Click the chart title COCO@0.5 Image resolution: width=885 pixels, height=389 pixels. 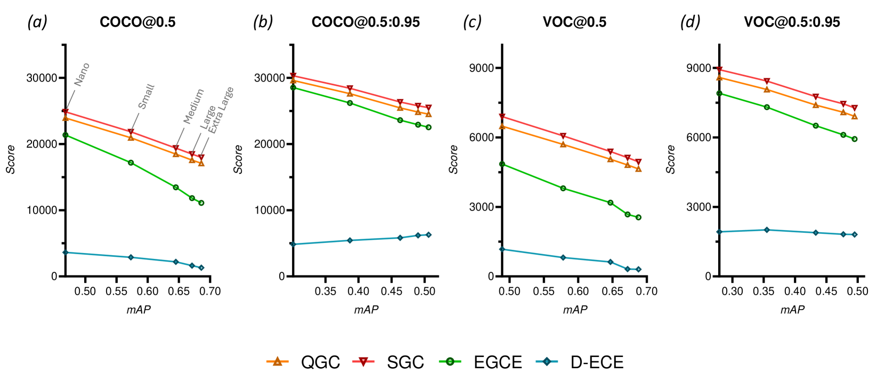coord(137,22)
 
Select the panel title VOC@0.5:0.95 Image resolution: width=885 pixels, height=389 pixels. coord(792,22)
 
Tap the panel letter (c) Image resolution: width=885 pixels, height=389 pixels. coord(472,22)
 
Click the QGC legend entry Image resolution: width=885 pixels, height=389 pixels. coord(304,362)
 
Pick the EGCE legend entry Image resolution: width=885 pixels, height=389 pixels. coord(481,362)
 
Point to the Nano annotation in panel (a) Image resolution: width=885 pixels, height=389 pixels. coord(82,74)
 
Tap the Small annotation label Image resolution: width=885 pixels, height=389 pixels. coord(146,96)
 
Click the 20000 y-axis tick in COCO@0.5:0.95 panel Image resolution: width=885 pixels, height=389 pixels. coord(270,144)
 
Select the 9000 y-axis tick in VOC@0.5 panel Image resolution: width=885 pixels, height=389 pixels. coord(481,68)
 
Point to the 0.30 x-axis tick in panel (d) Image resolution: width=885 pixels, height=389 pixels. coord(733,291)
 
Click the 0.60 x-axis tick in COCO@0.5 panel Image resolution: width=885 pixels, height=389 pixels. coord(148,291)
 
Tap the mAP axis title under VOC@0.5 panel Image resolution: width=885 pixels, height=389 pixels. coord(575,310)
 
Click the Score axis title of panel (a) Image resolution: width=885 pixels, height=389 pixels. coord(11,159)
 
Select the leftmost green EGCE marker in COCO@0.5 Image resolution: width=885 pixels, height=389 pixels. coord(66,135)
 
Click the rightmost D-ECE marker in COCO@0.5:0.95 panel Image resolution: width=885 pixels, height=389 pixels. coord(428,235)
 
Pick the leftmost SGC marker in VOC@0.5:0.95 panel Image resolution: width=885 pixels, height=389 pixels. coord(719,70)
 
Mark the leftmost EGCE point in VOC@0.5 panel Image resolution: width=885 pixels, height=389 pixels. coord(502,164)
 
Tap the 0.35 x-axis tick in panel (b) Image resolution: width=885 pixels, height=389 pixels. coord(325,291)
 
